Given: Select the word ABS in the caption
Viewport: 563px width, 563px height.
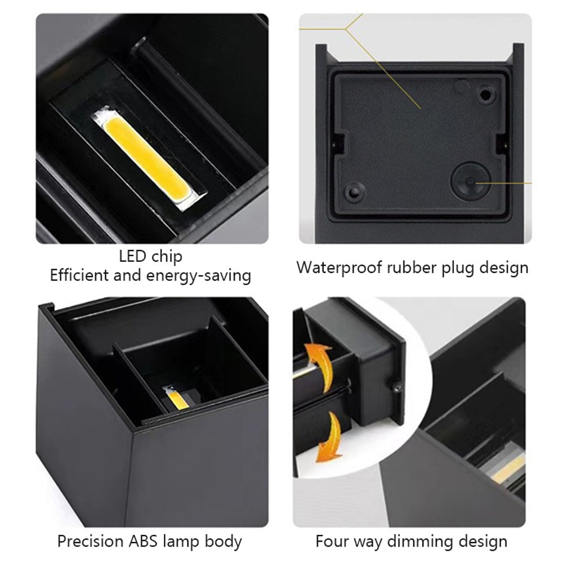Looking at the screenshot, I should click(154, 542).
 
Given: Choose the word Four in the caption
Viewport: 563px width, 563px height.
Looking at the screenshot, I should click(332, 542).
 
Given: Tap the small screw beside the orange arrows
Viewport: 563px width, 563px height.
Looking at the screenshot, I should click(396, 386).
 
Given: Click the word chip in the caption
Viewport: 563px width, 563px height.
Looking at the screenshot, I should click(167, 257).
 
